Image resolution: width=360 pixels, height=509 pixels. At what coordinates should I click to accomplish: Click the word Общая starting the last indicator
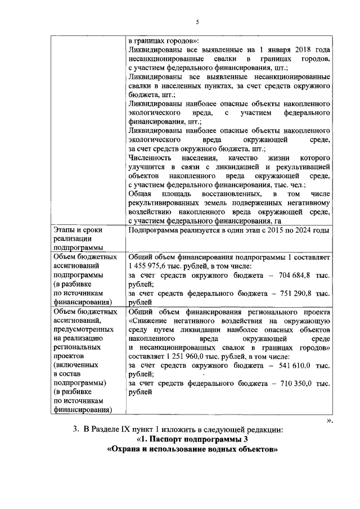140,193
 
